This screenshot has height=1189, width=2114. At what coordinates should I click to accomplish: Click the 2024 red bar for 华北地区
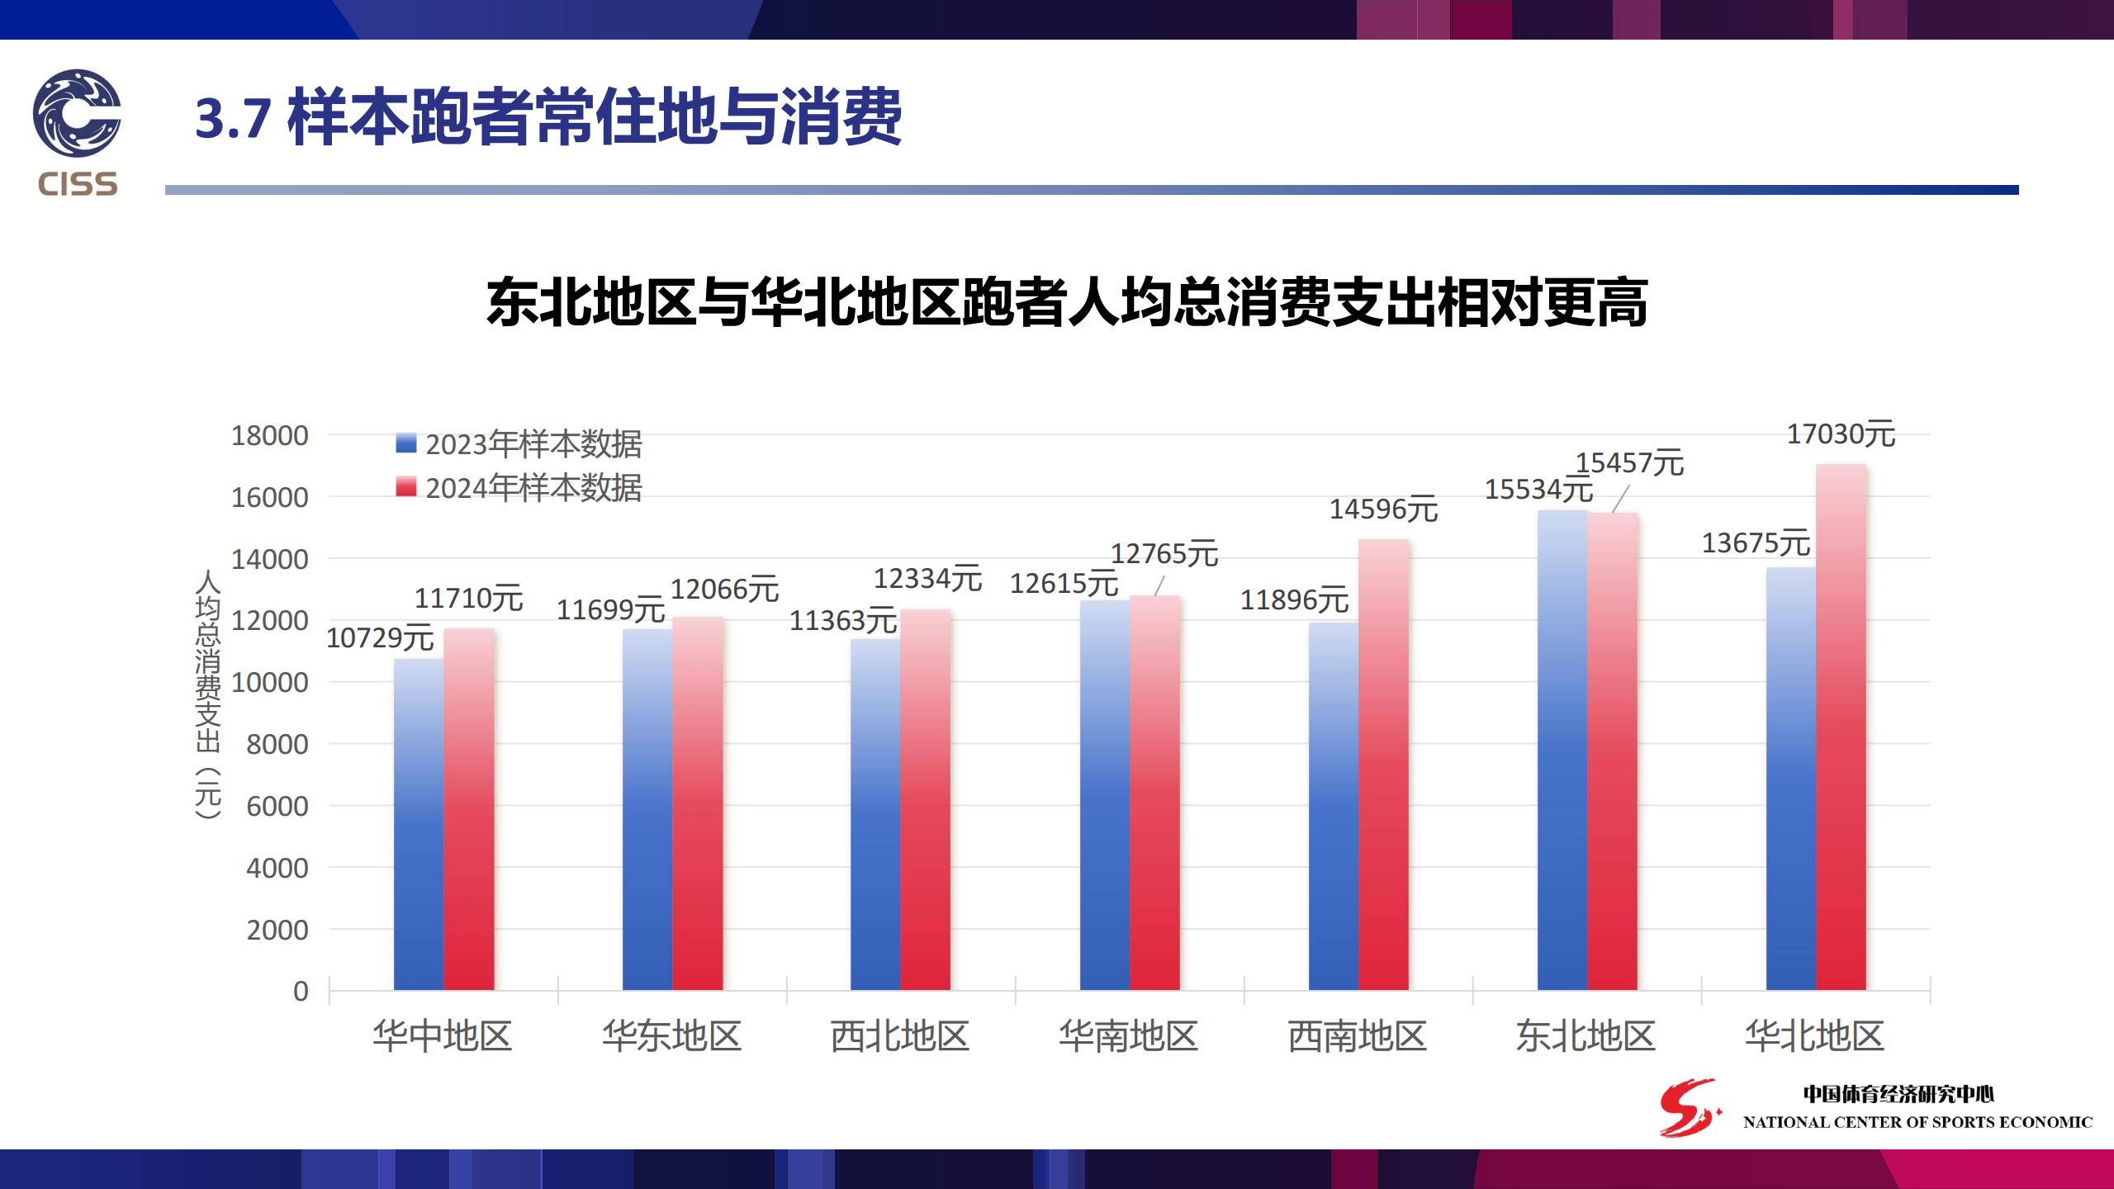(1841, 727)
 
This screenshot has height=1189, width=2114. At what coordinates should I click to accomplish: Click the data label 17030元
(1841, 434)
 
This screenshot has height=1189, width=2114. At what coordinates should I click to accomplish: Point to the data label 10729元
(380, 638)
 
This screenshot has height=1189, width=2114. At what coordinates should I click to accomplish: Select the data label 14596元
(1383, 509)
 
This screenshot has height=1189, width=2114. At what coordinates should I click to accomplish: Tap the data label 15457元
(1629, 463)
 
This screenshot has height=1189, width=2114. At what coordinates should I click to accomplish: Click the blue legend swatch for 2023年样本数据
(406, 443)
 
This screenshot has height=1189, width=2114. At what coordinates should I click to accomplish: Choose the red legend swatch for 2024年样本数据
(406, 487)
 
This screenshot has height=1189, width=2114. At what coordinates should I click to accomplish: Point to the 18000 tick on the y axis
(269, 436)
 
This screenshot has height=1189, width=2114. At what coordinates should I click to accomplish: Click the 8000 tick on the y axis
(277, 745)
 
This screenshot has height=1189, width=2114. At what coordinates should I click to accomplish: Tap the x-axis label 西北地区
(900, 1036)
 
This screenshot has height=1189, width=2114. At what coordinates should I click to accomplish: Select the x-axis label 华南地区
(1129, 1036)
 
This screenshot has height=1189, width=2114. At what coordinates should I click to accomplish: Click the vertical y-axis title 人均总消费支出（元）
(208, 694)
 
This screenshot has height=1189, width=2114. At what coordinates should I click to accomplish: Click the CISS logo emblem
(77, 113)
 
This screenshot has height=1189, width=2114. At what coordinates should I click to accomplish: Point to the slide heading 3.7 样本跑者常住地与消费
(548, 118)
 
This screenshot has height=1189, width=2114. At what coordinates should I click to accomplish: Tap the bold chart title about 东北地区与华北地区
(1067, 302)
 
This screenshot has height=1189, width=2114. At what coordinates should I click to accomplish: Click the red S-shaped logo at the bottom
(1690, 1106)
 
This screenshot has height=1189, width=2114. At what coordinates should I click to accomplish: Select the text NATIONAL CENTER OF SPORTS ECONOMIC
(1917, 1122)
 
